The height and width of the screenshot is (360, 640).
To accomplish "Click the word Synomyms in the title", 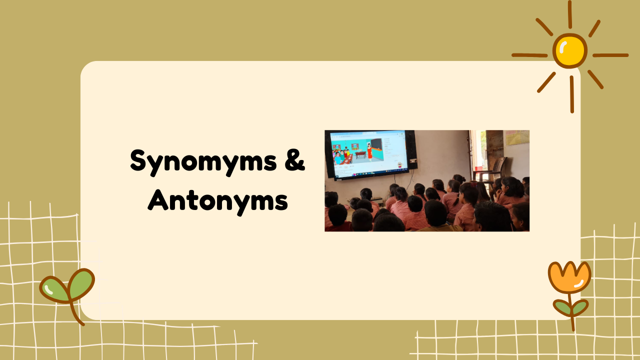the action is pyautogui.click(x=203, y=161).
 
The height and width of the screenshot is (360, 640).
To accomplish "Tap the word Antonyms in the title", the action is pyautogui.click(x=217, y=201).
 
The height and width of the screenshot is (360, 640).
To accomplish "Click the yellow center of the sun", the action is pyautogui.click(x=569, y=51).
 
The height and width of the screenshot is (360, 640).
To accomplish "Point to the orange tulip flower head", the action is pyautogui.click(x=569, y=277).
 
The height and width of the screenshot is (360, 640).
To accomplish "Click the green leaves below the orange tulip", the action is pyautogui.click(x=571, y=307).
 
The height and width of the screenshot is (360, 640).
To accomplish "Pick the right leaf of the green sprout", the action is pyautogui.click(x=81, y=283).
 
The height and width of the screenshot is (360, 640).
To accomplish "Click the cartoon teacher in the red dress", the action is pyautogui.click(x=369, y=152).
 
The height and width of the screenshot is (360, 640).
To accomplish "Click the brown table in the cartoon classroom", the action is pyautogui.click(x=360, y=155).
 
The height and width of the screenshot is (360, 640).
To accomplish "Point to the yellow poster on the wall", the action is pyautogui.click(x=517, y=137).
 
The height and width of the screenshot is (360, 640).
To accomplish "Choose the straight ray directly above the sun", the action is pyautogui.click(x=569, y=14).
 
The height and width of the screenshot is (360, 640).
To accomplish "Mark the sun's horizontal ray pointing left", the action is pyautogui.click(x=529, y=55).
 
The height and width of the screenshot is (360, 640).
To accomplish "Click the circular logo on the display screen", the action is pyautogui.click(x=399, y=164).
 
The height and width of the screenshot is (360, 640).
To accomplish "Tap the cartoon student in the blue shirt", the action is pyautogui.click(x=337, y=158).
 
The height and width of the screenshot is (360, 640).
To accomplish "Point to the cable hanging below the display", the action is pyautogui.click(x=411, y=180).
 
